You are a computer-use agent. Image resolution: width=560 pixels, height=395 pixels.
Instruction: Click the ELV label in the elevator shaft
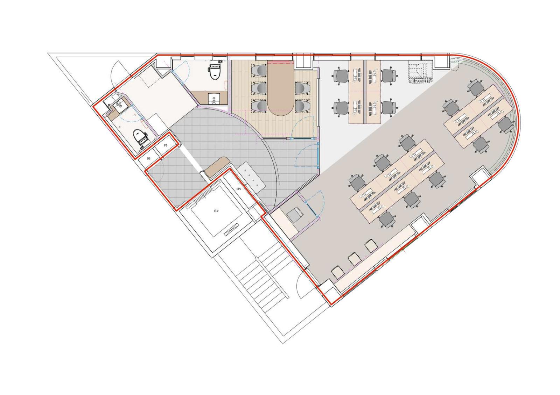click(216, 211)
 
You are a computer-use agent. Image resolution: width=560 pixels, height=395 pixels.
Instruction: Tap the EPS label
click(239, 189)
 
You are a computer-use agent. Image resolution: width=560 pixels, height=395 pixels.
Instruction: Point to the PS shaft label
click(166, 145)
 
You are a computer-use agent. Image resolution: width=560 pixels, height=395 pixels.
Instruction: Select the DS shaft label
click(149, 159)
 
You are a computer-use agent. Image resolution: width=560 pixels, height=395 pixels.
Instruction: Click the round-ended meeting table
click(280, 88)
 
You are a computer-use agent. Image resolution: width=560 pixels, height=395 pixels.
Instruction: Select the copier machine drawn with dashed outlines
click(420, 72)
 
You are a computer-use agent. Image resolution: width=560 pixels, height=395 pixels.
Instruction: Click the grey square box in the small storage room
click(295, 215)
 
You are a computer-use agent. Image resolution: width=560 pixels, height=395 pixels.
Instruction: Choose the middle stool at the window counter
click(354, 259)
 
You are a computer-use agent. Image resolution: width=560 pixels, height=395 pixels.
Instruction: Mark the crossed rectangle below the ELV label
click(230, 230)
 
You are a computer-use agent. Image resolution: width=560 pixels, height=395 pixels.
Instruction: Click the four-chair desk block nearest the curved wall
click(477, 116)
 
